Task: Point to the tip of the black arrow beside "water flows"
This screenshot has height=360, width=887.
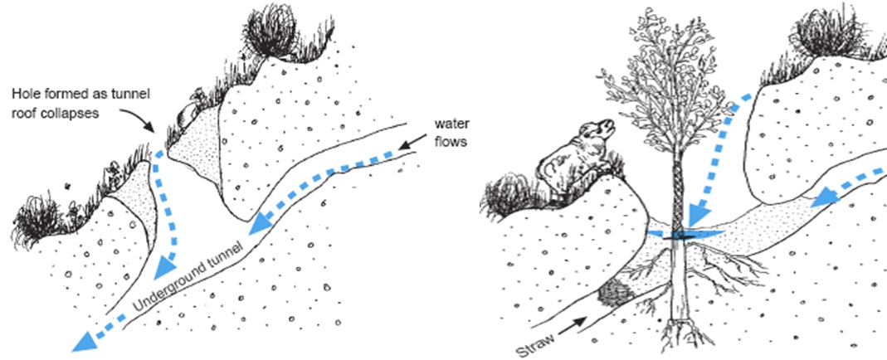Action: click(x=399, y=149)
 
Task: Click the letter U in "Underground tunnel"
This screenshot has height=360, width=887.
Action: click(x=139, y=304)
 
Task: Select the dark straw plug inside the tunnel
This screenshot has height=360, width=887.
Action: click(x=615, y=293)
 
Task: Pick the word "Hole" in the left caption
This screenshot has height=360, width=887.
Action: click(x=24, y=94)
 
